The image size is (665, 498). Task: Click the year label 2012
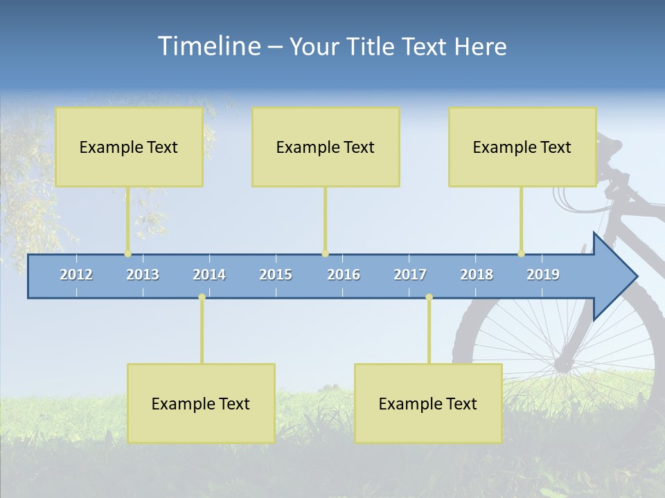[76, 275]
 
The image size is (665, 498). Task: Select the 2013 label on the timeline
[143, 275]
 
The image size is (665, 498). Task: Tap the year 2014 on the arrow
[209, 275]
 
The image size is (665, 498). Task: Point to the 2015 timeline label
[276, 275]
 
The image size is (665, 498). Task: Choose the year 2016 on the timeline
[344, 275]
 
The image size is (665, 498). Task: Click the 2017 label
[410, 275]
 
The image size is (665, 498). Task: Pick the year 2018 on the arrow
[477, 275]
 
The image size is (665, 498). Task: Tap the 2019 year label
[543, 275]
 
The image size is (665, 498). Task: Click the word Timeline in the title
[209, 46]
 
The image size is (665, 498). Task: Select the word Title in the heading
[372, 47]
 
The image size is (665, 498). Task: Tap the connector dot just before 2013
[127, 254]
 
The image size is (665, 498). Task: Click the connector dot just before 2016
[325, 254]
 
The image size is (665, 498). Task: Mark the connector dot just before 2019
[521, 254]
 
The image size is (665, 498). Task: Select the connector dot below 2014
[202, 297]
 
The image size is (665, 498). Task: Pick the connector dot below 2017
[429, 297]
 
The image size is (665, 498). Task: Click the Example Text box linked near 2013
[129, 147]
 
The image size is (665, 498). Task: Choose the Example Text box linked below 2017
[428, 403]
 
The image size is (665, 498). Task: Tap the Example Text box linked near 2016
[326, 147]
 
